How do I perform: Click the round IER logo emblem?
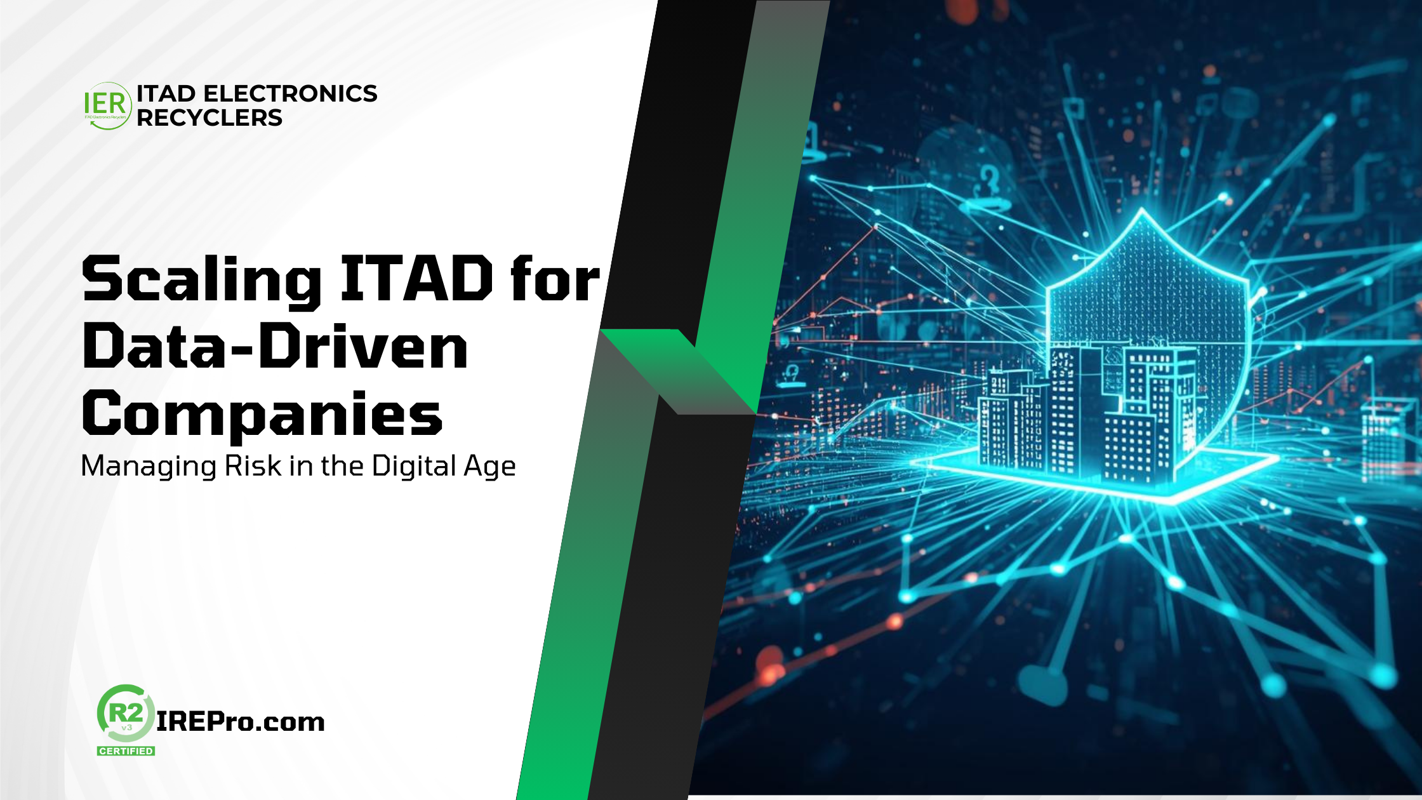pyautogui.click(x=107, y=106)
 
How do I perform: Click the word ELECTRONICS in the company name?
pyautogui.click(x=290, y=93)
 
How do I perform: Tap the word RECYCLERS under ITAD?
pyautogui.click(x=209, y=117)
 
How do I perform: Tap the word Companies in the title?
pyautogui.click(x=262, y=416)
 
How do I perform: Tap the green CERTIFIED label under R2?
pyautogui.click(x=126, y=750)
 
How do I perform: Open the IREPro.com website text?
pyautogui.click(x=241, y=722)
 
